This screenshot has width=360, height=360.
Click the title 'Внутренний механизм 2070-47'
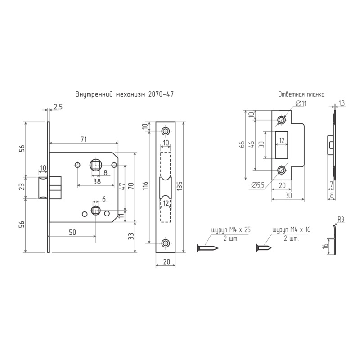coord(125,94)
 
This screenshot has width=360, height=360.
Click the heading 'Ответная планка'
coord(301,94)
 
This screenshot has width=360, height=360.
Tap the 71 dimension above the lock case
coord(84,139)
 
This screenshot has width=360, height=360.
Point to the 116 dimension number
coord(146,187)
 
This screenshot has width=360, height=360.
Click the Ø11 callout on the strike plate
coord(301,103)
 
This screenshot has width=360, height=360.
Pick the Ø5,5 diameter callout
coord(258,185)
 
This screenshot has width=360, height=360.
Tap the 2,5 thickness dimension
coord(58,107)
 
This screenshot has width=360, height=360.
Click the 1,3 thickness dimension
coord(342,103)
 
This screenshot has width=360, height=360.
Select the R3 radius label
coord(341,220)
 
